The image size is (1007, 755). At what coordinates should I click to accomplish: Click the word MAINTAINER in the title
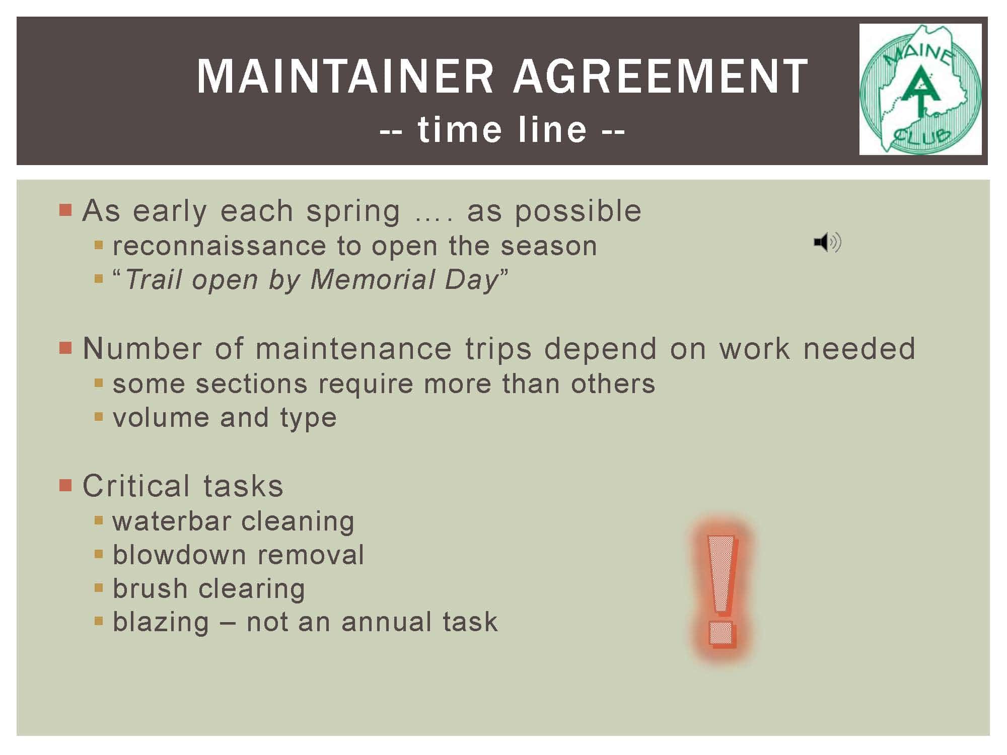[345, 76]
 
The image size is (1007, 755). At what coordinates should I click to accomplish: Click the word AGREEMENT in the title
[661, 76]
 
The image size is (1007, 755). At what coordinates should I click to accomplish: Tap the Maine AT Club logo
[920, 89]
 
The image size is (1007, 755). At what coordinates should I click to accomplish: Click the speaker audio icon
[827, 243]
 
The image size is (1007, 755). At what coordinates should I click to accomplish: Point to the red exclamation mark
[722, 590]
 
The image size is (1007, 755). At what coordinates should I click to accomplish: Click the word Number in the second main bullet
[142, 348]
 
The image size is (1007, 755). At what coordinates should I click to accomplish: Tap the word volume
[161, 417]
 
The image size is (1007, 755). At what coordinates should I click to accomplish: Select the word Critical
[136, 486]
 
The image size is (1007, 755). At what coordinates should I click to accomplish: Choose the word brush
[150, 588]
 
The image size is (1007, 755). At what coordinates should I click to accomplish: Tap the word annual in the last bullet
[384, 622]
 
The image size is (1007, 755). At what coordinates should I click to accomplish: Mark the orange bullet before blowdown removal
[99, 554]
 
